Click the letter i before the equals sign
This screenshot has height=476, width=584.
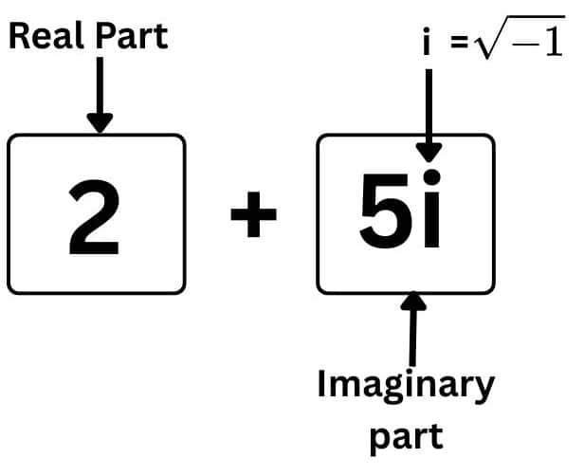[x=428, y=45]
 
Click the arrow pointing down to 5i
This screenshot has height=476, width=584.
[x=429, y=114]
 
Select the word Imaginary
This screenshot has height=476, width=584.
[x=405, y=386]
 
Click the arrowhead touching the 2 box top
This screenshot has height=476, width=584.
[x=99, y=123]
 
